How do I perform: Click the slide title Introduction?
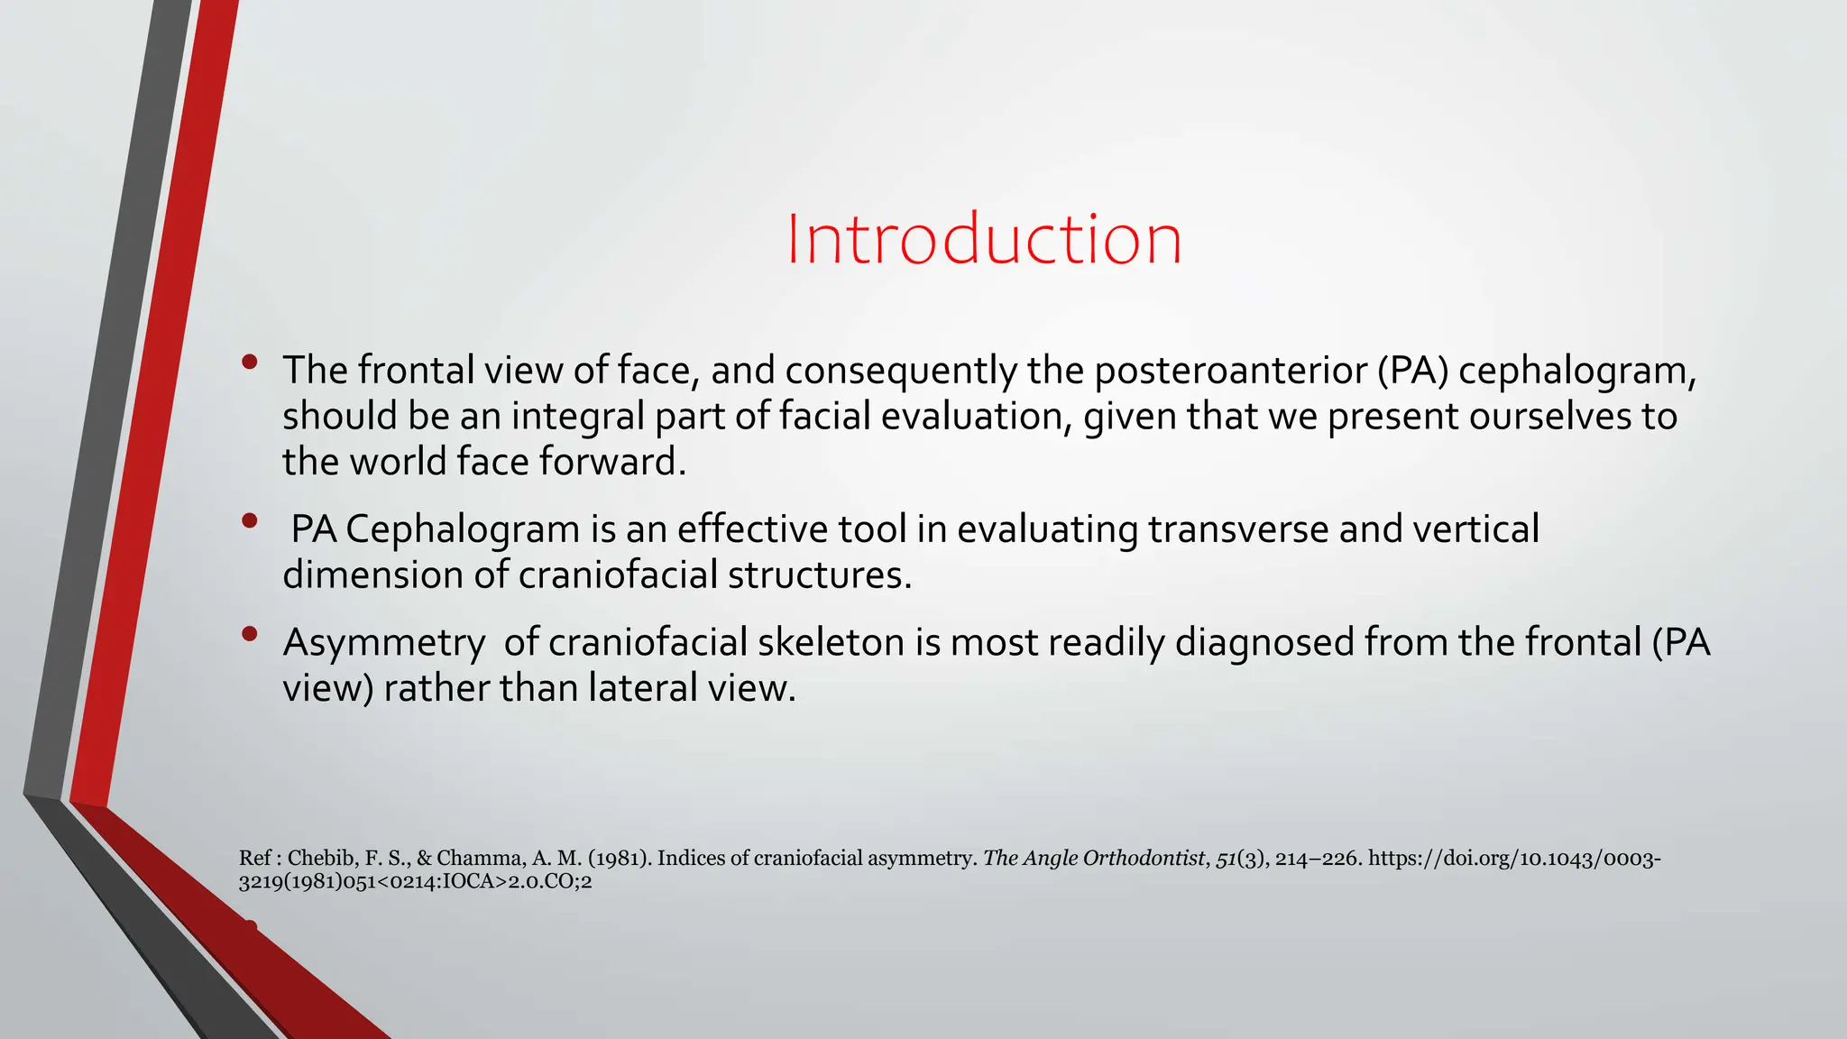983,239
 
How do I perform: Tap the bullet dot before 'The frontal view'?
250,363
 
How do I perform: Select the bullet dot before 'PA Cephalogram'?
250,520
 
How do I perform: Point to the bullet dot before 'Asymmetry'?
250,634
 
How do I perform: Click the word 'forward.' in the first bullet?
612,462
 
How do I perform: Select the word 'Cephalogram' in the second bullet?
463,529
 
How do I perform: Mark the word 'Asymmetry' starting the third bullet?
384,643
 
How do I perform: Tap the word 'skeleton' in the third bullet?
831,643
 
